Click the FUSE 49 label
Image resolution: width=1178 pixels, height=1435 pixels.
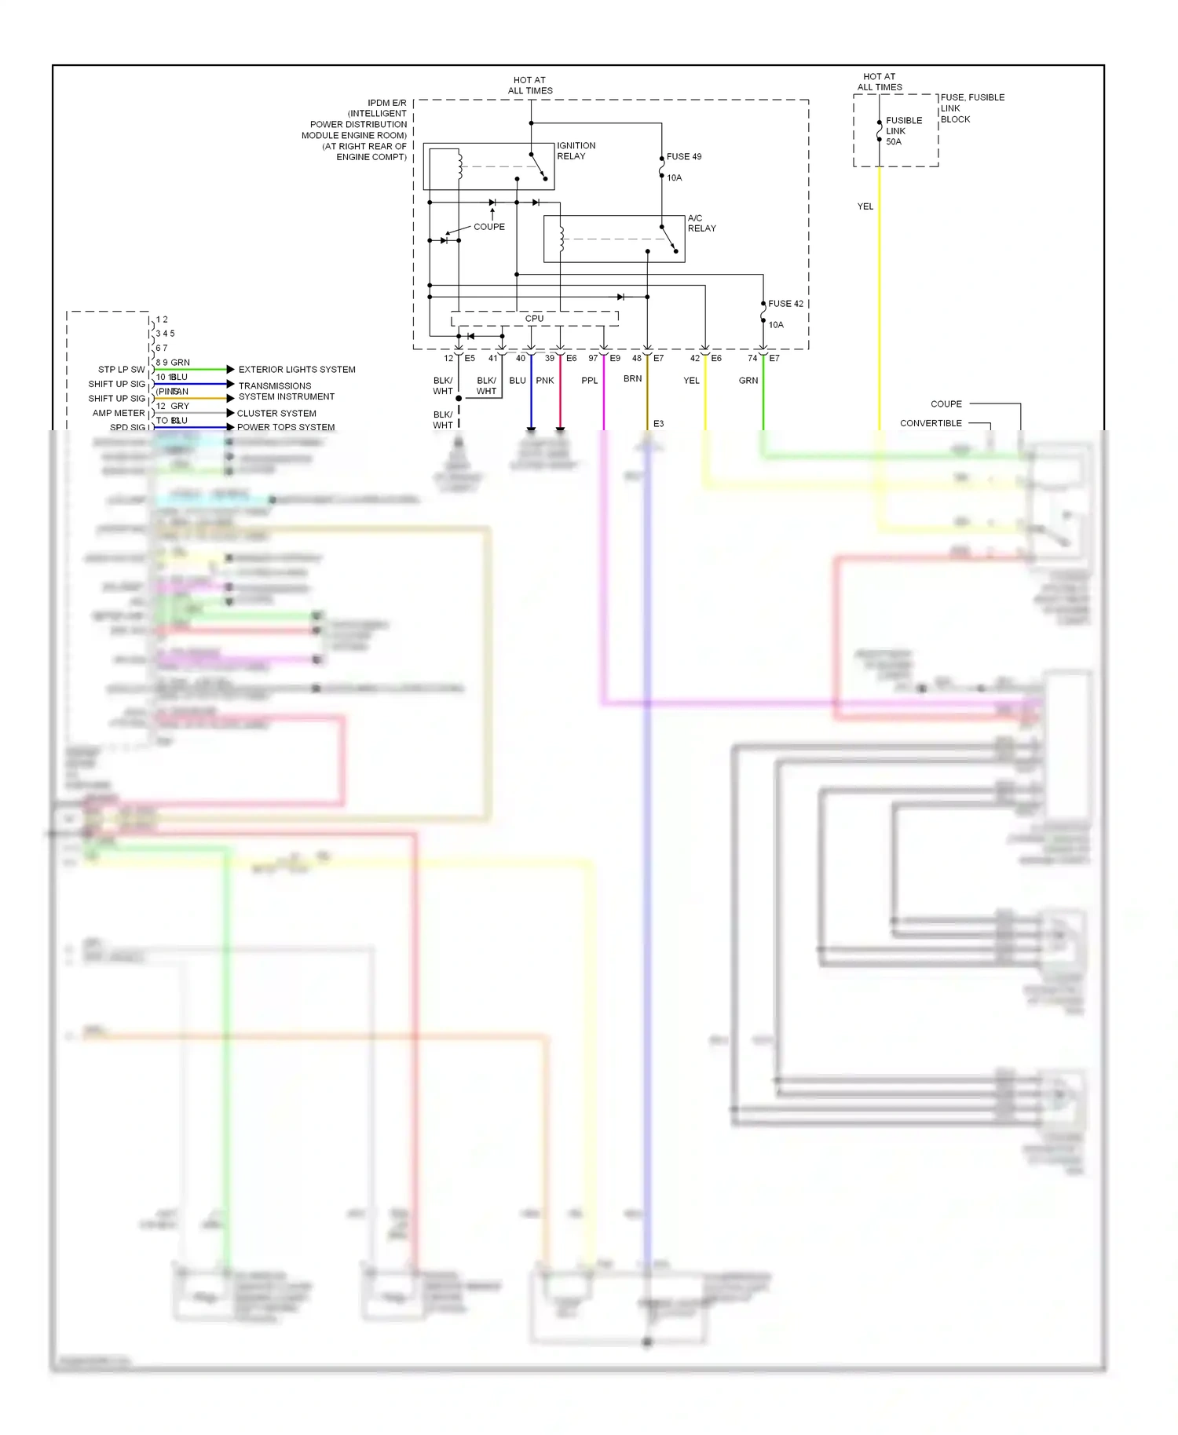(x=683, y=157)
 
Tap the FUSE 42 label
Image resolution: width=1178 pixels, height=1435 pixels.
(x=785, y=304)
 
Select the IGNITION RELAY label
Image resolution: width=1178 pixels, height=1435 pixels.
(x=576, y=151)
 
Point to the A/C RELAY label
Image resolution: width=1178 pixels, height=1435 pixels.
(x=701, y=223)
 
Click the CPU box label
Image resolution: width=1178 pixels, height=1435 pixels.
(x=534, y=319)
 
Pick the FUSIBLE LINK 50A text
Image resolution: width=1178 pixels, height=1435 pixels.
(x=903, y=131)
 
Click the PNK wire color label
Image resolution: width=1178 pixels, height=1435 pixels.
(x=545, y=381)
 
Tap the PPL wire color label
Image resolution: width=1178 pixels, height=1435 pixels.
(x=589, y=381)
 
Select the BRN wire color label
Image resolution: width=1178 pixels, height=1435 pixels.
(x=632, y=378)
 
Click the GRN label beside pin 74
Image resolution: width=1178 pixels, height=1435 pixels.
(x=748, y=381)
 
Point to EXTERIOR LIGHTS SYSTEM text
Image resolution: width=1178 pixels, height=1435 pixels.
(x=297, y=370)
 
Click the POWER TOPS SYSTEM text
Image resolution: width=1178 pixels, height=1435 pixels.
(x=286, y=427)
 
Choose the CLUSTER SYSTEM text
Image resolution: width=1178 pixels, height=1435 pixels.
(x=276, y=413)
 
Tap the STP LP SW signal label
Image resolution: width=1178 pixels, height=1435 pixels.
(x=121, y=370)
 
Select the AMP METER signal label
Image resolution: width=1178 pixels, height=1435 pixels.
(x=119, y=413)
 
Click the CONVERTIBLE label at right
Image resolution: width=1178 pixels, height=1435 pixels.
(x=931, y=423)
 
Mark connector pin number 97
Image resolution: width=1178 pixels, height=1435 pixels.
(x=593, y=358)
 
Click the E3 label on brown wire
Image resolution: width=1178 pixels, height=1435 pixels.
(x=658, y=424)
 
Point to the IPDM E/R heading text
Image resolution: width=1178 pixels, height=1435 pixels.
(x=387, y=103)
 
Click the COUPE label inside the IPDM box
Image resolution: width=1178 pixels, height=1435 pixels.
(x=489, y=227)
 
